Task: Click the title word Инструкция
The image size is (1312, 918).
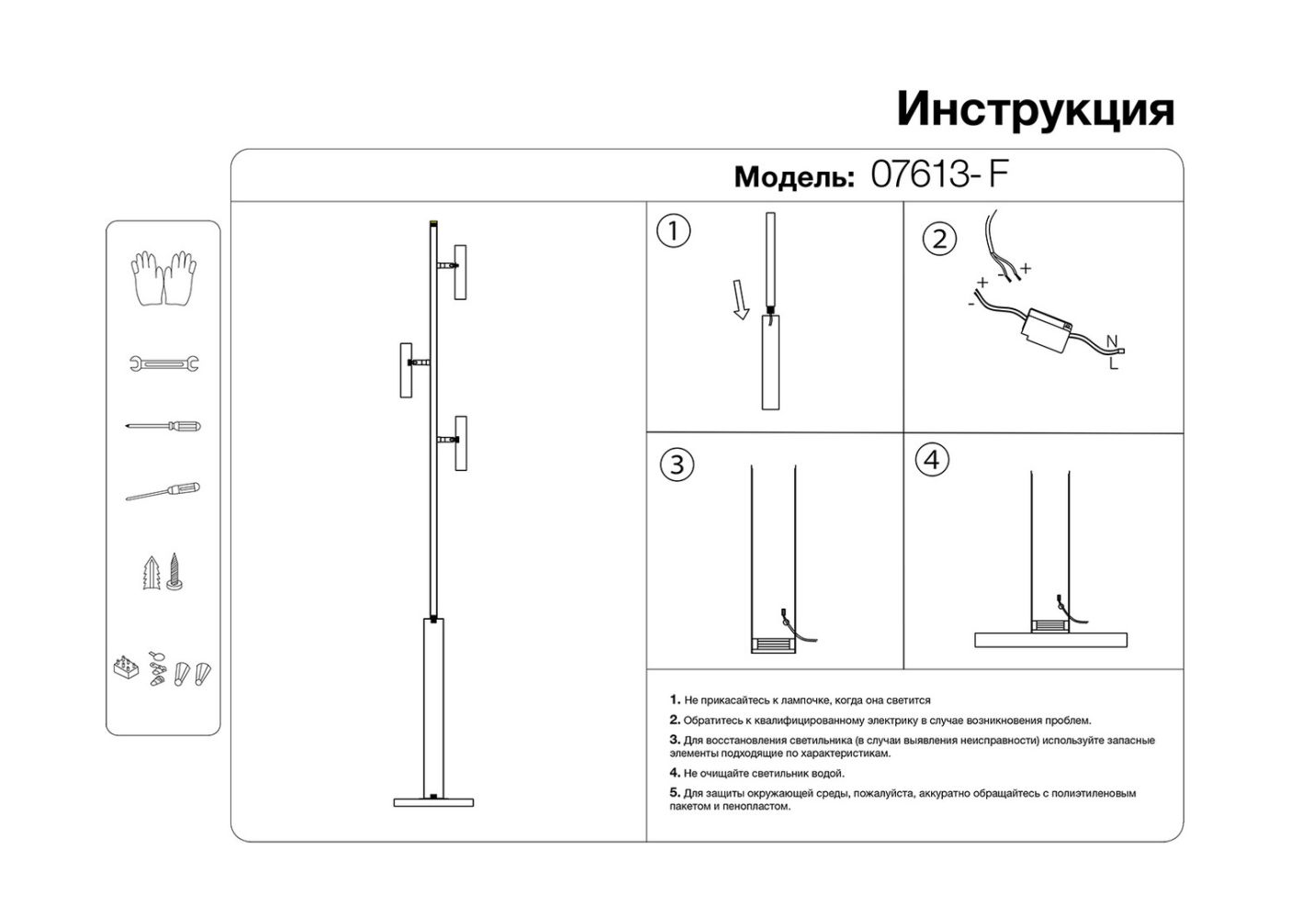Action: [x=1035, y=109]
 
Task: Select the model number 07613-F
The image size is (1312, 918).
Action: [x=938, y=174]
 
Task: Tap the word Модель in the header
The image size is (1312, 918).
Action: [x=793, y=176]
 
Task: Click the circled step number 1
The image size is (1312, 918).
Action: [x=673, y=230]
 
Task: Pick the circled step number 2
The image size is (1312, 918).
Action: [x=938, y=240]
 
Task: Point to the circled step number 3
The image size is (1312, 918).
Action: [x=677, y=465]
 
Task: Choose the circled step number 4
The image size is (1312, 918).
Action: [x=932, y=459]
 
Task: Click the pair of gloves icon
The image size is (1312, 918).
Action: [x=163, y=277]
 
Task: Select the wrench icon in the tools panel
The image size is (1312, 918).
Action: [x=164, y=364]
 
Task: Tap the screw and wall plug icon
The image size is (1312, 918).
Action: [x=163, y=572]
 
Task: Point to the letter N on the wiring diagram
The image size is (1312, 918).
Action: [x=1112, y=342]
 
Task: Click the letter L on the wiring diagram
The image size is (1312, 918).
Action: [x=1114, y=364]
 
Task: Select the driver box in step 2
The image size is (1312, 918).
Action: [x=1045, y=328]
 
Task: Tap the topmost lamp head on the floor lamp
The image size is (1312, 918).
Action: [x=460, y=271]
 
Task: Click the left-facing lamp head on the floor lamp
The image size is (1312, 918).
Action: [x=406, y=370]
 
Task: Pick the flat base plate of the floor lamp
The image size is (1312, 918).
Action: [x=433, y=802]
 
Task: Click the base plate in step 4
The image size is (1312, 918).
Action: [x=1050, y=639]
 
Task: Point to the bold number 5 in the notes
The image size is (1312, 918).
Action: [x=675, y=792]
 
